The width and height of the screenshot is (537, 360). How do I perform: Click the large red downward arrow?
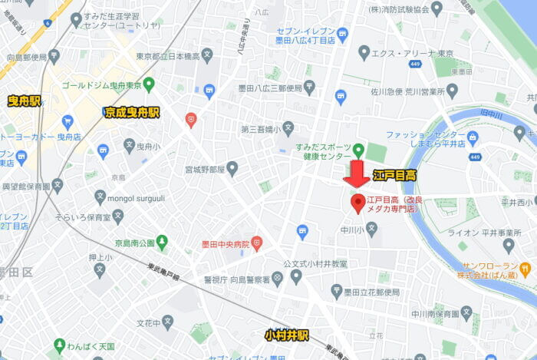(x=355, y=174)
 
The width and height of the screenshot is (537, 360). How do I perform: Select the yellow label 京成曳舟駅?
(x=132, y=113)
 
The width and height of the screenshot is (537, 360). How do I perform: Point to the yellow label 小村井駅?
(x=286, y=336)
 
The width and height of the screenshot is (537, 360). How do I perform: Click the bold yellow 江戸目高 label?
(x=394, y=176)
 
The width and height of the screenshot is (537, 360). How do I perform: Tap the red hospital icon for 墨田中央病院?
(x=256, y=244)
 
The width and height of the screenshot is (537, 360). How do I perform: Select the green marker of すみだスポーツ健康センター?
(x=358, y=147)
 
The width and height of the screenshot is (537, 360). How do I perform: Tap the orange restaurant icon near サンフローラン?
(x=525, y=269)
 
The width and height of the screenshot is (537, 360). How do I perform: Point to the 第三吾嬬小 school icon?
(x=288, y=127)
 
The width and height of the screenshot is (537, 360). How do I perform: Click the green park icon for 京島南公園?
(x=162, y=243)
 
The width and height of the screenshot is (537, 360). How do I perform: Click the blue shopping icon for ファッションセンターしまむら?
(x=473, y=138)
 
